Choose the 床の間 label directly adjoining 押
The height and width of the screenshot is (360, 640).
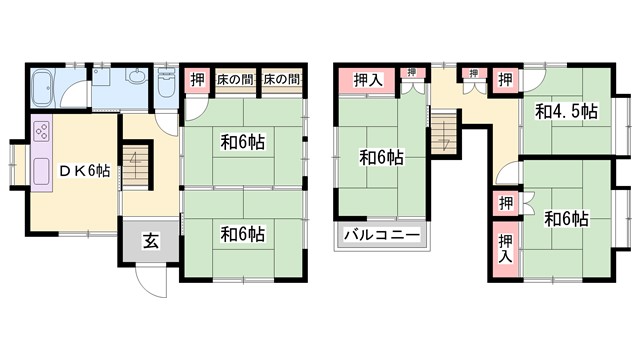236,78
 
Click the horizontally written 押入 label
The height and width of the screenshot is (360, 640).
365,78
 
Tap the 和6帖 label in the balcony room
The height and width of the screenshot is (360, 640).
382,156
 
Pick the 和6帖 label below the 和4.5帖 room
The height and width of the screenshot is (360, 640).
566,218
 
